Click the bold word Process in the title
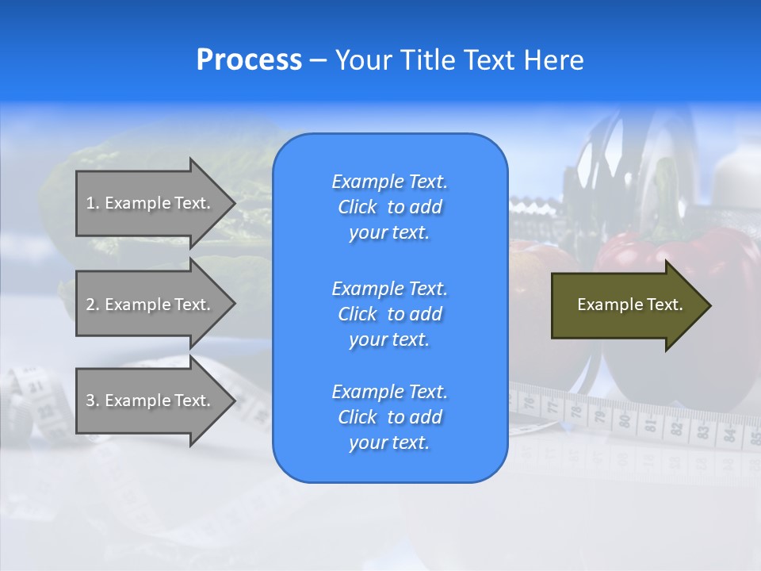pos(249,60)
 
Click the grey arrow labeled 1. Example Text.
pos(151,203)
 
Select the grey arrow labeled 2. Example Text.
pos(151,305)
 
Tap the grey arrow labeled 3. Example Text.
pos(151,400)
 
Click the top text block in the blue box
pos(389,207)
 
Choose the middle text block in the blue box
pos(389,314)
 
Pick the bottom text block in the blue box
pos(389,417)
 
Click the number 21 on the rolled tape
pos(36,387)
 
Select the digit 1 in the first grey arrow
pos(90,203)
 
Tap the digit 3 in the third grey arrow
pos(90,400)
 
